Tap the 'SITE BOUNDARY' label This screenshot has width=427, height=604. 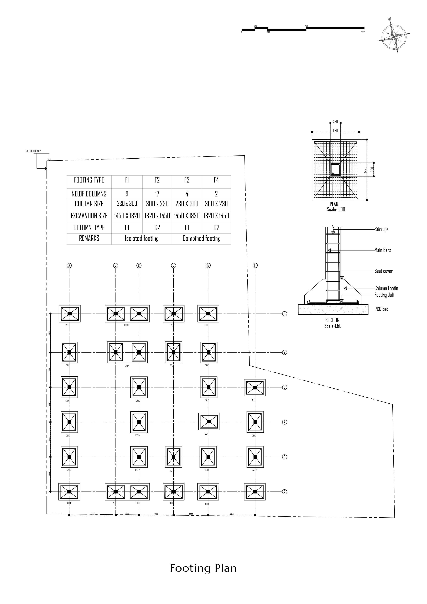pyautogui.click(x=33, y=151)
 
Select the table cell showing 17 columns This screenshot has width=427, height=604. pyautogui.click(x=157, y=194)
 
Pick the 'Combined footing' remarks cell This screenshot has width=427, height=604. pyautogui.click(x=201, y=239)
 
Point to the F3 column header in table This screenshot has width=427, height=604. pyautogui.click(x=187, y=180)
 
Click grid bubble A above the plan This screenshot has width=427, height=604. pyautogui.click(x=69, y=265)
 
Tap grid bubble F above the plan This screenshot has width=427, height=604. pyautogui.click(x=255, y=265)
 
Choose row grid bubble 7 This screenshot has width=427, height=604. pyautogui.click(x=284, y=492)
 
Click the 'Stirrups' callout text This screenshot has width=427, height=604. pyautogui.click(x=382, y=229)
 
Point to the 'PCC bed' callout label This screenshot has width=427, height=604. pyautogui.click(x=382, y=309)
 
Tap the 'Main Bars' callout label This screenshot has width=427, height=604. pyautogui.click(x=383, y=250)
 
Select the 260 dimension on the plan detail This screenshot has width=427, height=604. pyautogui.click(x=335, y=122)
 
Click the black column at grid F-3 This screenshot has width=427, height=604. pyautogui.click(x=255, y=388)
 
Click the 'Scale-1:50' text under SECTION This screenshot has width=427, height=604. pyautogui.click(x=333, y=326)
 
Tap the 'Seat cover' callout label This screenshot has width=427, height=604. pyautogui.click(x=383, y=271)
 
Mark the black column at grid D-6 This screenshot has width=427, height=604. pyautogui.click(x=173, y=457)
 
